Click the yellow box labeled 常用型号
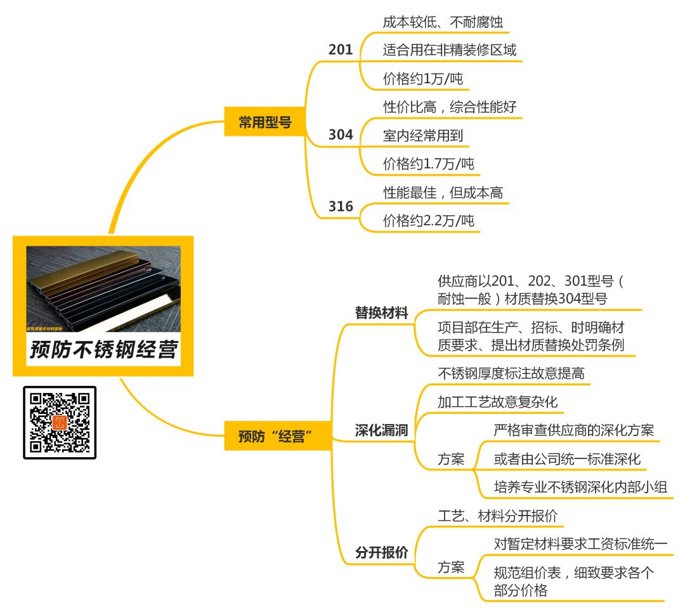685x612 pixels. pyautogui.click(x=264, y=121)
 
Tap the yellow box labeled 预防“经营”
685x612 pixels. pyautogui.click(x=277, y=436)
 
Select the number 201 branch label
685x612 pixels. pyautogui.click(x=341, y=50)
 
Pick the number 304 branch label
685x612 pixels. pyautogui.click(x=341, y=135)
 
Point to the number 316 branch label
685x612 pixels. pyautogui.click(x=341, y=206)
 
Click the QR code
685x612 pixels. pyautogui.click(x=60, y=423)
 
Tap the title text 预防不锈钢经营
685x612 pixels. pyautogui.click(x=103, y=349)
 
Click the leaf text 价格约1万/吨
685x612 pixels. pyautogui.click(x=423, y=78)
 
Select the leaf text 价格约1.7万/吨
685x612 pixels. pyautogui.click(x=429, y=164)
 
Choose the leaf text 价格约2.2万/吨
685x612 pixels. pyautogui.click(x=429, y=220)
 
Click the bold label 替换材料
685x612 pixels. pyautogui.click(x=381, y=312)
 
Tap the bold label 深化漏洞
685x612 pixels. pyautogui.click(x=381, y=430)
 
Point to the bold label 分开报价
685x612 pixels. pyautogui.click(x=381, y=552)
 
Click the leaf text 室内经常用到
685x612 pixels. pyautogui.click(x=423, y=135)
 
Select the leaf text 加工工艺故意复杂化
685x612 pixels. pyautogui.click(x=498, y=402)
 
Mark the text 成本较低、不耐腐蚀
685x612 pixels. pyautogui.click(x=443, y=22)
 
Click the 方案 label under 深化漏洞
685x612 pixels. pyautogui.click(x=451, y=459)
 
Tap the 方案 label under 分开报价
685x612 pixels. pyautogui.click(x=451, y=567)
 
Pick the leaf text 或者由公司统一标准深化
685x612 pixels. pyautogui.click(x=567, y=458)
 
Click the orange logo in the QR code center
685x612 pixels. pyautogui.click(x=60, y=423)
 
